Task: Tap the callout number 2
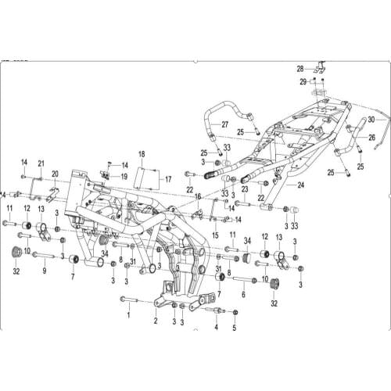point(156,321)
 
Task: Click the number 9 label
point(45,271)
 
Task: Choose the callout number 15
point(214,235)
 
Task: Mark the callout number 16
point(198,197)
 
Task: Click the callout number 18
point(142,154)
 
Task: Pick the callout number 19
point(124,177)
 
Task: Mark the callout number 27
point(224,124)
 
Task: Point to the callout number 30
point(371,120)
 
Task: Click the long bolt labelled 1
point(135,300)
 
